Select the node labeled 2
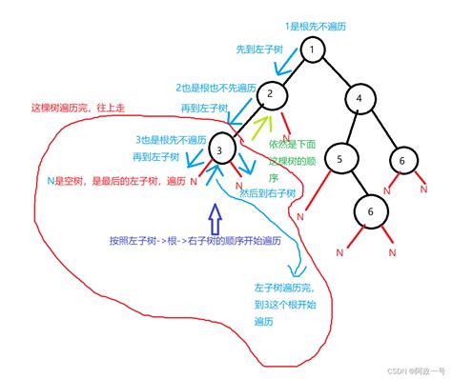click(271, 93)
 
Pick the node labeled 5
click(339, 159)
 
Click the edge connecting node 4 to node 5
click(348, 130)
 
